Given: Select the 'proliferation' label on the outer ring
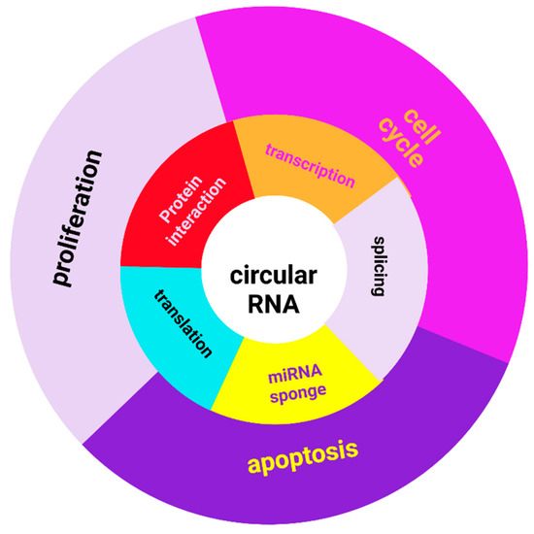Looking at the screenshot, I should click(79, 217).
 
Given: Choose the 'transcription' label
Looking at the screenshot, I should click(310, 164).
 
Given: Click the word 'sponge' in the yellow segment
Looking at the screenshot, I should click(299, 392).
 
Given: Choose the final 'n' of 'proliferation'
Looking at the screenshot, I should click(93, 155).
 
